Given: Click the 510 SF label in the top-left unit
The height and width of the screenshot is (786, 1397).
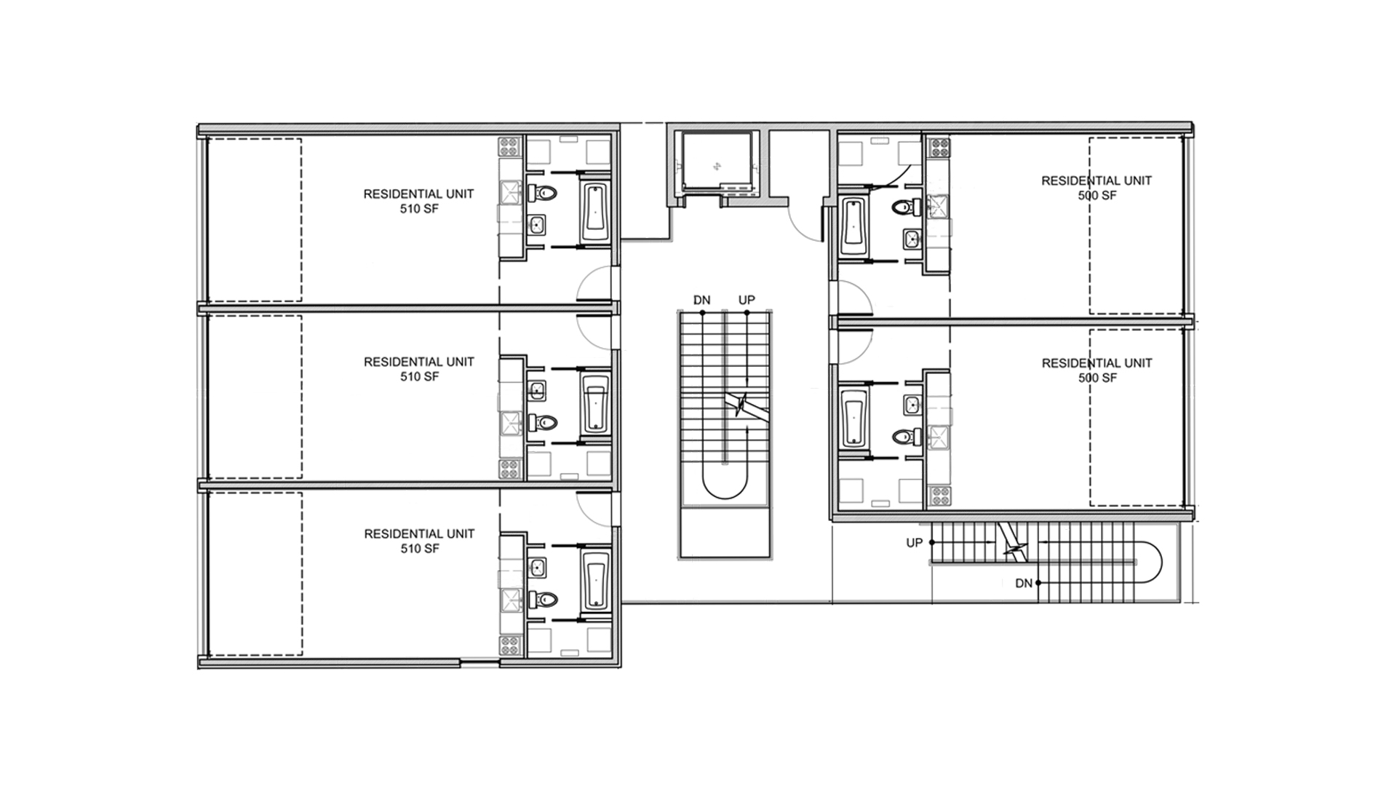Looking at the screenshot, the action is click(419, 209).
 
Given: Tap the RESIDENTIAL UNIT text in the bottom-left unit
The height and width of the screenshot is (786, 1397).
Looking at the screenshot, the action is click(419, 533).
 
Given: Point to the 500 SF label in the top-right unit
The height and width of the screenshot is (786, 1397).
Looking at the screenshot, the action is click(1097, 195).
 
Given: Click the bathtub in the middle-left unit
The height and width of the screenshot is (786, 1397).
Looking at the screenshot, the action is click(595, 405).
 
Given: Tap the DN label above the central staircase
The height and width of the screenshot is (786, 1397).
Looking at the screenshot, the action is click(701, 300).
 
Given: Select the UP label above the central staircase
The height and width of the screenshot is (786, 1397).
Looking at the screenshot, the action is click(747, 300).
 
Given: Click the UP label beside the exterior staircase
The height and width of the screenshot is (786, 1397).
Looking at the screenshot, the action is click(915, 543).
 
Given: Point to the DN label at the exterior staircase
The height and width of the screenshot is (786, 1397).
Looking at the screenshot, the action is click(1024, 583).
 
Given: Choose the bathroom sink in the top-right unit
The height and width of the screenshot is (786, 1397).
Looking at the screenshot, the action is click(911, 237).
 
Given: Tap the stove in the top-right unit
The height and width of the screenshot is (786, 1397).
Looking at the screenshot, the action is click(937, 148).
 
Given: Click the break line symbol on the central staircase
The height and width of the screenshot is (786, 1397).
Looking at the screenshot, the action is click(740, 405).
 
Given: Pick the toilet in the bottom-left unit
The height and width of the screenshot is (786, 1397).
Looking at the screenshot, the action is click(543, 599).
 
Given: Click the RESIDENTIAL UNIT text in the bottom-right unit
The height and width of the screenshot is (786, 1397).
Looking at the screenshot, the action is click(1097, 362).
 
